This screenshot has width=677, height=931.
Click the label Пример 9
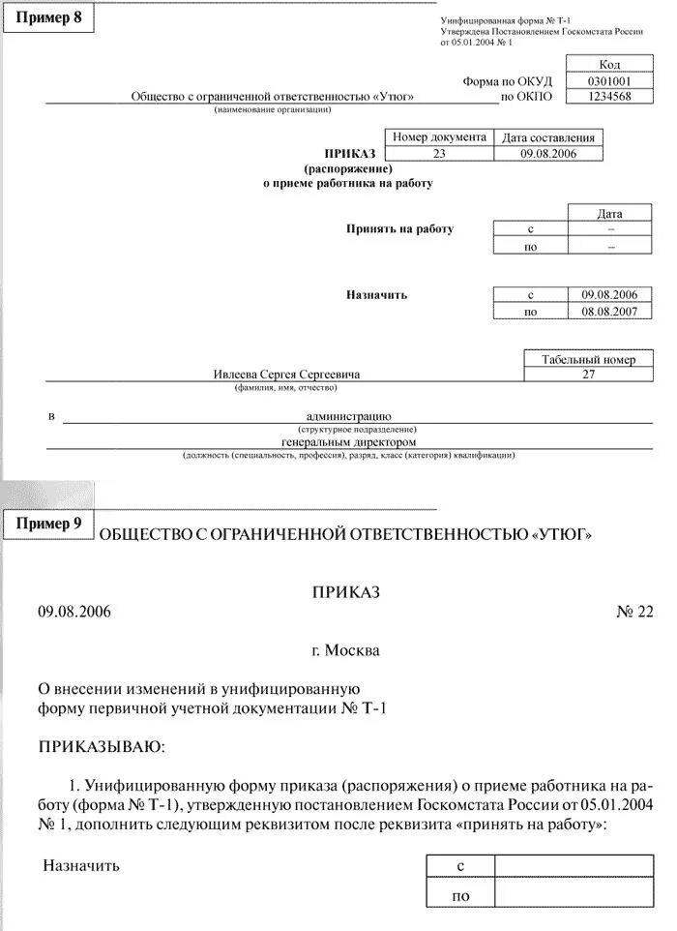49,523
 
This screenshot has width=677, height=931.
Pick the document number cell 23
439,153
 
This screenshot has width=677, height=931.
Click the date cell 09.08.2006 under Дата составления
548,153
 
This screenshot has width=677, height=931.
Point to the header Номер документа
439,137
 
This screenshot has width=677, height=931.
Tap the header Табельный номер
588,359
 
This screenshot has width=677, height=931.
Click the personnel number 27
588,374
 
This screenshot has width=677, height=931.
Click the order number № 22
634,612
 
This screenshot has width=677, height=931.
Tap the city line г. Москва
346,650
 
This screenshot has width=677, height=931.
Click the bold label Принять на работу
399,229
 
